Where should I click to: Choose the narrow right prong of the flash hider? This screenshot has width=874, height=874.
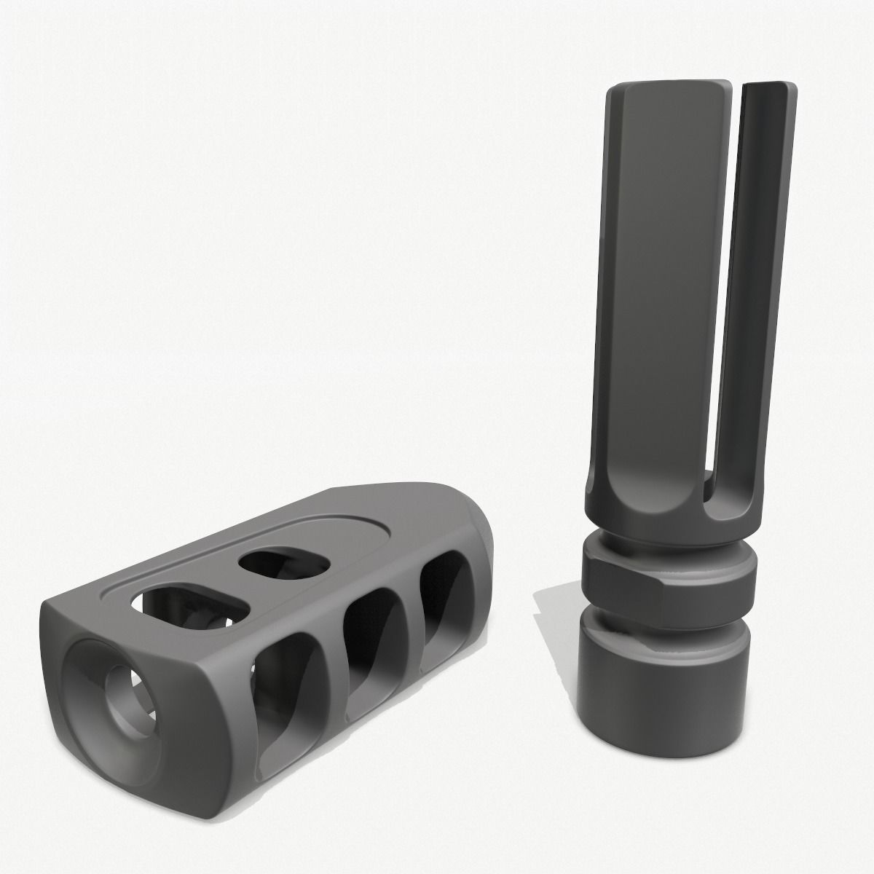click(x=765, y=291)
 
